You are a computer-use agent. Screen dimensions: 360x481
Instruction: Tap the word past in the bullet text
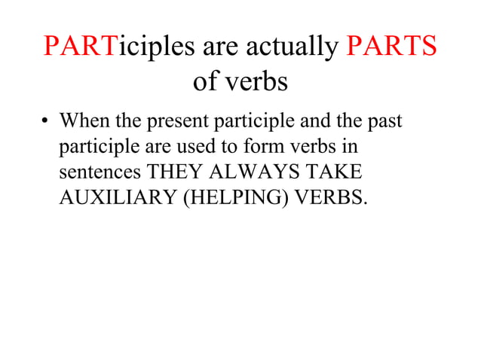point(385,121)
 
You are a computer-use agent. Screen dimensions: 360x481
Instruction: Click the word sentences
point(100,172)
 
